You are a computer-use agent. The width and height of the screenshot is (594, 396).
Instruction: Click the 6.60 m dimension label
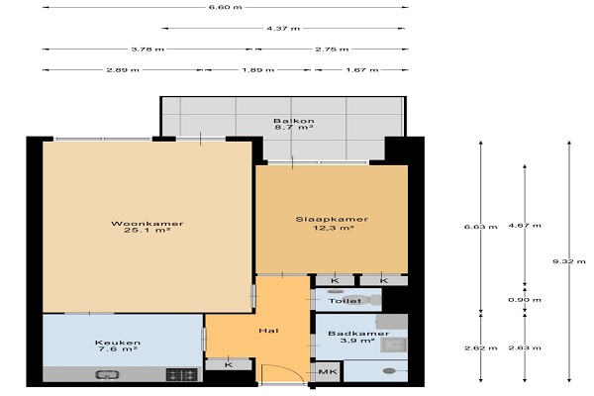[x=225, y=7]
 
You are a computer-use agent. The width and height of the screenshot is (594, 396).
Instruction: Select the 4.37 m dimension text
[x=283, y=28]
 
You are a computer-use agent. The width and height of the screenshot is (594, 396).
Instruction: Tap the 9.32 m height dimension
[x=569, y=261]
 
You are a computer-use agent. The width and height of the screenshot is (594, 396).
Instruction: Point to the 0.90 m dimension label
[x=525, y=300]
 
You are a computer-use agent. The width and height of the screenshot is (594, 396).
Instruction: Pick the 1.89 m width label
[x=258, y=69]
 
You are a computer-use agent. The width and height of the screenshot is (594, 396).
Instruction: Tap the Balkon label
[x=294, y=121]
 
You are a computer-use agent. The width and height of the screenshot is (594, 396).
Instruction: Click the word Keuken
[x=118, y=343]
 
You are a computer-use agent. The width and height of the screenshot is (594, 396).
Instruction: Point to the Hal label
[x=268, y=331]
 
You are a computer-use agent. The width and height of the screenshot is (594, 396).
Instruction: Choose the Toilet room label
[x=345, y=301]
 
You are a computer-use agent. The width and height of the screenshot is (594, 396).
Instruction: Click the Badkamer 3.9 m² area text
[x=357, y=341]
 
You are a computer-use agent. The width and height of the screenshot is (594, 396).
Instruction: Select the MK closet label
[x=328, y=372]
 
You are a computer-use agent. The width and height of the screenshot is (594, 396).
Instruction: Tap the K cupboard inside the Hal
[x=228, y=365]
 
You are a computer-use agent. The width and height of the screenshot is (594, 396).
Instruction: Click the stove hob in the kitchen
[x=182, y=375]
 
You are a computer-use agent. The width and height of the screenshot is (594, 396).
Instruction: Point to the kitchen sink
[x=107, y=375]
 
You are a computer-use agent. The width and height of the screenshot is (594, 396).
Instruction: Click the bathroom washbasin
[x=394, y=345]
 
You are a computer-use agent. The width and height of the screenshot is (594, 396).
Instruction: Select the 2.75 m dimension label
[x=332, y=49]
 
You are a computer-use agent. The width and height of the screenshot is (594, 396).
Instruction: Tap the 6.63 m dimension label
[x=481, y=227]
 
